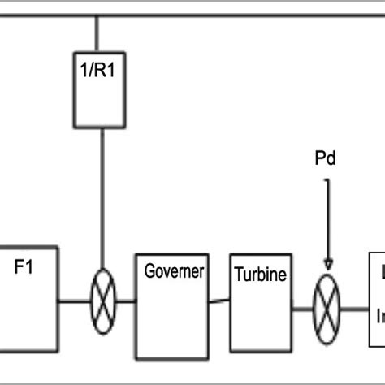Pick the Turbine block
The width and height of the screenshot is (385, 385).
[260, 301]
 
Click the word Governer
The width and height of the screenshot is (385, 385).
[173, 271]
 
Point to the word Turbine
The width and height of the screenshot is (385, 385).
[260, 275]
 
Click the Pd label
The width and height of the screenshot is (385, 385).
[327, 160]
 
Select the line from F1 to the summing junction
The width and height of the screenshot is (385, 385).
[73, 303]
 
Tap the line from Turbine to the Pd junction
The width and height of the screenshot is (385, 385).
[303, 309]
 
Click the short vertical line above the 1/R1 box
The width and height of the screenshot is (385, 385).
[98, 32]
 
